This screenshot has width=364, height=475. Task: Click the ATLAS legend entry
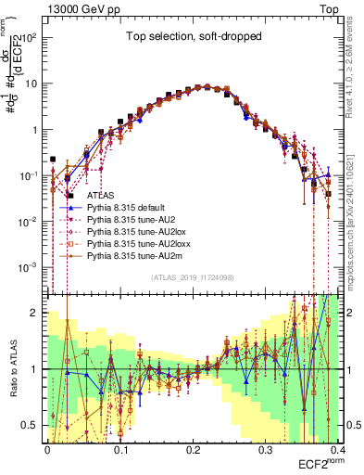tap(101, 197)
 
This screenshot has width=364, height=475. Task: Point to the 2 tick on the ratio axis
tap(35, 313)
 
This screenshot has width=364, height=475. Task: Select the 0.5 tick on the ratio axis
tap(32, 425)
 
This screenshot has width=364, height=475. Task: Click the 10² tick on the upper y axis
tap(32, 38)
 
